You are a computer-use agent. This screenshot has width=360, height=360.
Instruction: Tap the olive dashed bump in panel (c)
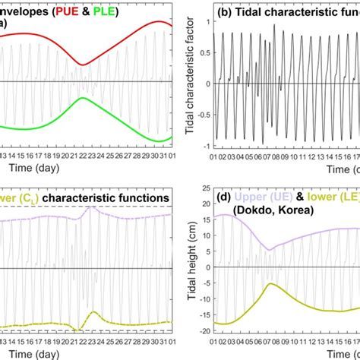pos(93,312)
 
